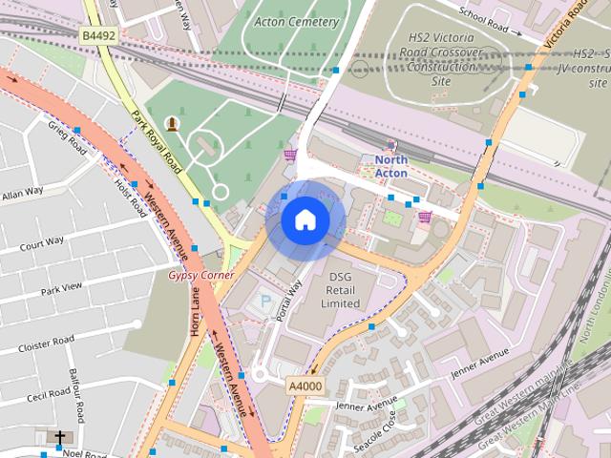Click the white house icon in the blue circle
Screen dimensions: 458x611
click(305, 220)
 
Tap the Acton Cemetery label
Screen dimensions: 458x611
click(296, 22)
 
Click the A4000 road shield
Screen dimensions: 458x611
click(305, 386)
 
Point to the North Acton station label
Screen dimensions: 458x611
click(390, 167)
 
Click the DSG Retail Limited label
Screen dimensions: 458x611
click(341, 290)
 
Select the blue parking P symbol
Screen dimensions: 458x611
click(264, 302)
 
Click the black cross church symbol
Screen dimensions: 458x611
click(59, 438)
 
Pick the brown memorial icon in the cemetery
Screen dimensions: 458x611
click(172, 123)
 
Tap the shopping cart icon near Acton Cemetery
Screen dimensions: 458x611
click(289, 155)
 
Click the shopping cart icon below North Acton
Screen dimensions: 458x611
click(424, 218)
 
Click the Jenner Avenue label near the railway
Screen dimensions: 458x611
click(481, 364)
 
